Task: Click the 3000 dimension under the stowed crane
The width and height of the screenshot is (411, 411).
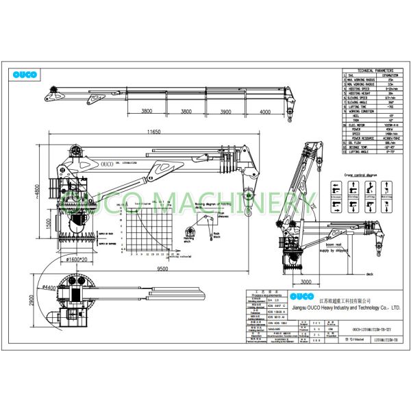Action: click(306, 280)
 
